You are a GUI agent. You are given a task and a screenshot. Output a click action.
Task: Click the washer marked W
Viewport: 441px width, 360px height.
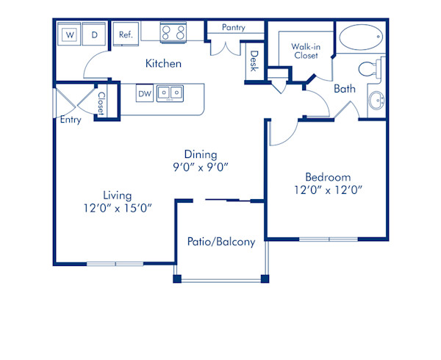[71, 35]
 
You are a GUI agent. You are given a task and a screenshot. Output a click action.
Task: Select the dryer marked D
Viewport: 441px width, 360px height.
[94, 35]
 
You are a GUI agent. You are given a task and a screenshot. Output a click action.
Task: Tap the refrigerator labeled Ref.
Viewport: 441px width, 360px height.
[126, 35]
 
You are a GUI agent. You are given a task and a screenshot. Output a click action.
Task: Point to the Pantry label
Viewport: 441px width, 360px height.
[233, 28]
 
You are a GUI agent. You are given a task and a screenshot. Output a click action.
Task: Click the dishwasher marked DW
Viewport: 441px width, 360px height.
[144, 94]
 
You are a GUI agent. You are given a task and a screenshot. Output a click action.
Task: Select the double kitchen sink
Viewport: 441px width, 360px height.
[171, 93]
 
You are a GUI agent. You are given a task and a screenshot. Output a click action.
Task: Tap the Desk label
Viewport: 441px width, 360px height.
[254, 61]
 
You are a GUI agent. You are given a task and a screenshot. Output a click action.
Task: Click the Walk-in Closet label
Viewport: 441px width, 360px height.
[305, 50]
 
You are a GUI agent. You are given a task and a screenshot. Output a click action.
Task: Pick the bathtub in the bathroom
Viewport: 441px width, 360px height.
[360, 35]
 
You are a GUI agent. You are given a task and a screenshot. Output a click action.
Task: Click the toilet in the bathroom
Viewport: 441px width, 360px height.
[367, 69]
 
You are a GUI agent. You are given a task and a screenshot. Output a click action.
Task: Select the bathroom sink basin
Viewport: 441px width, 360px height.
[377, 101]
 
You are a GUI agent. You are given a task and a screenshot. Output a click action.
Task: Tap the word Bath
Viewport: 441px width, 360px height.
[345, 89]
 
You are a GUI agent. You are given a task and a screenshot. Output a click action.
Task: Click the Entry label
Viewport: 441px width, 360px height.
[71, 120]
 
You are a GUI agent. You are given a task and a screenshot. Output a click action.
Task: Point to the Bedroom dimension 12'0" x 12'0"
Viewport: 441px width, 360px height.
[328, 190]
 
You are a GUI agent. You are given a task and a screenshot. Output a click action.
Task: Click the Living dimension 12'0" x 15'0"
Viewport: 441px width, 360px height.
[118, 207]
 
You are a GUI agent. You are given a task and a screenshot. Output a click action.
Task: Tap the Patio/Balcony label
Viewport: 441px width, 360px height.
[221, 242]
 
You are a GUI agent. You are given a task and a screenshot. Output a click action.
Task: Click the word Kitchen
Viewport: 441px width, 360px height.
[163, 64]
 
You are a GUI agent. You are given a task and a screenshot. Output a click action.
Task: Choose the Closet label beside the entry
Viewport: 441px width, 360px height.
[101, 102]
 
